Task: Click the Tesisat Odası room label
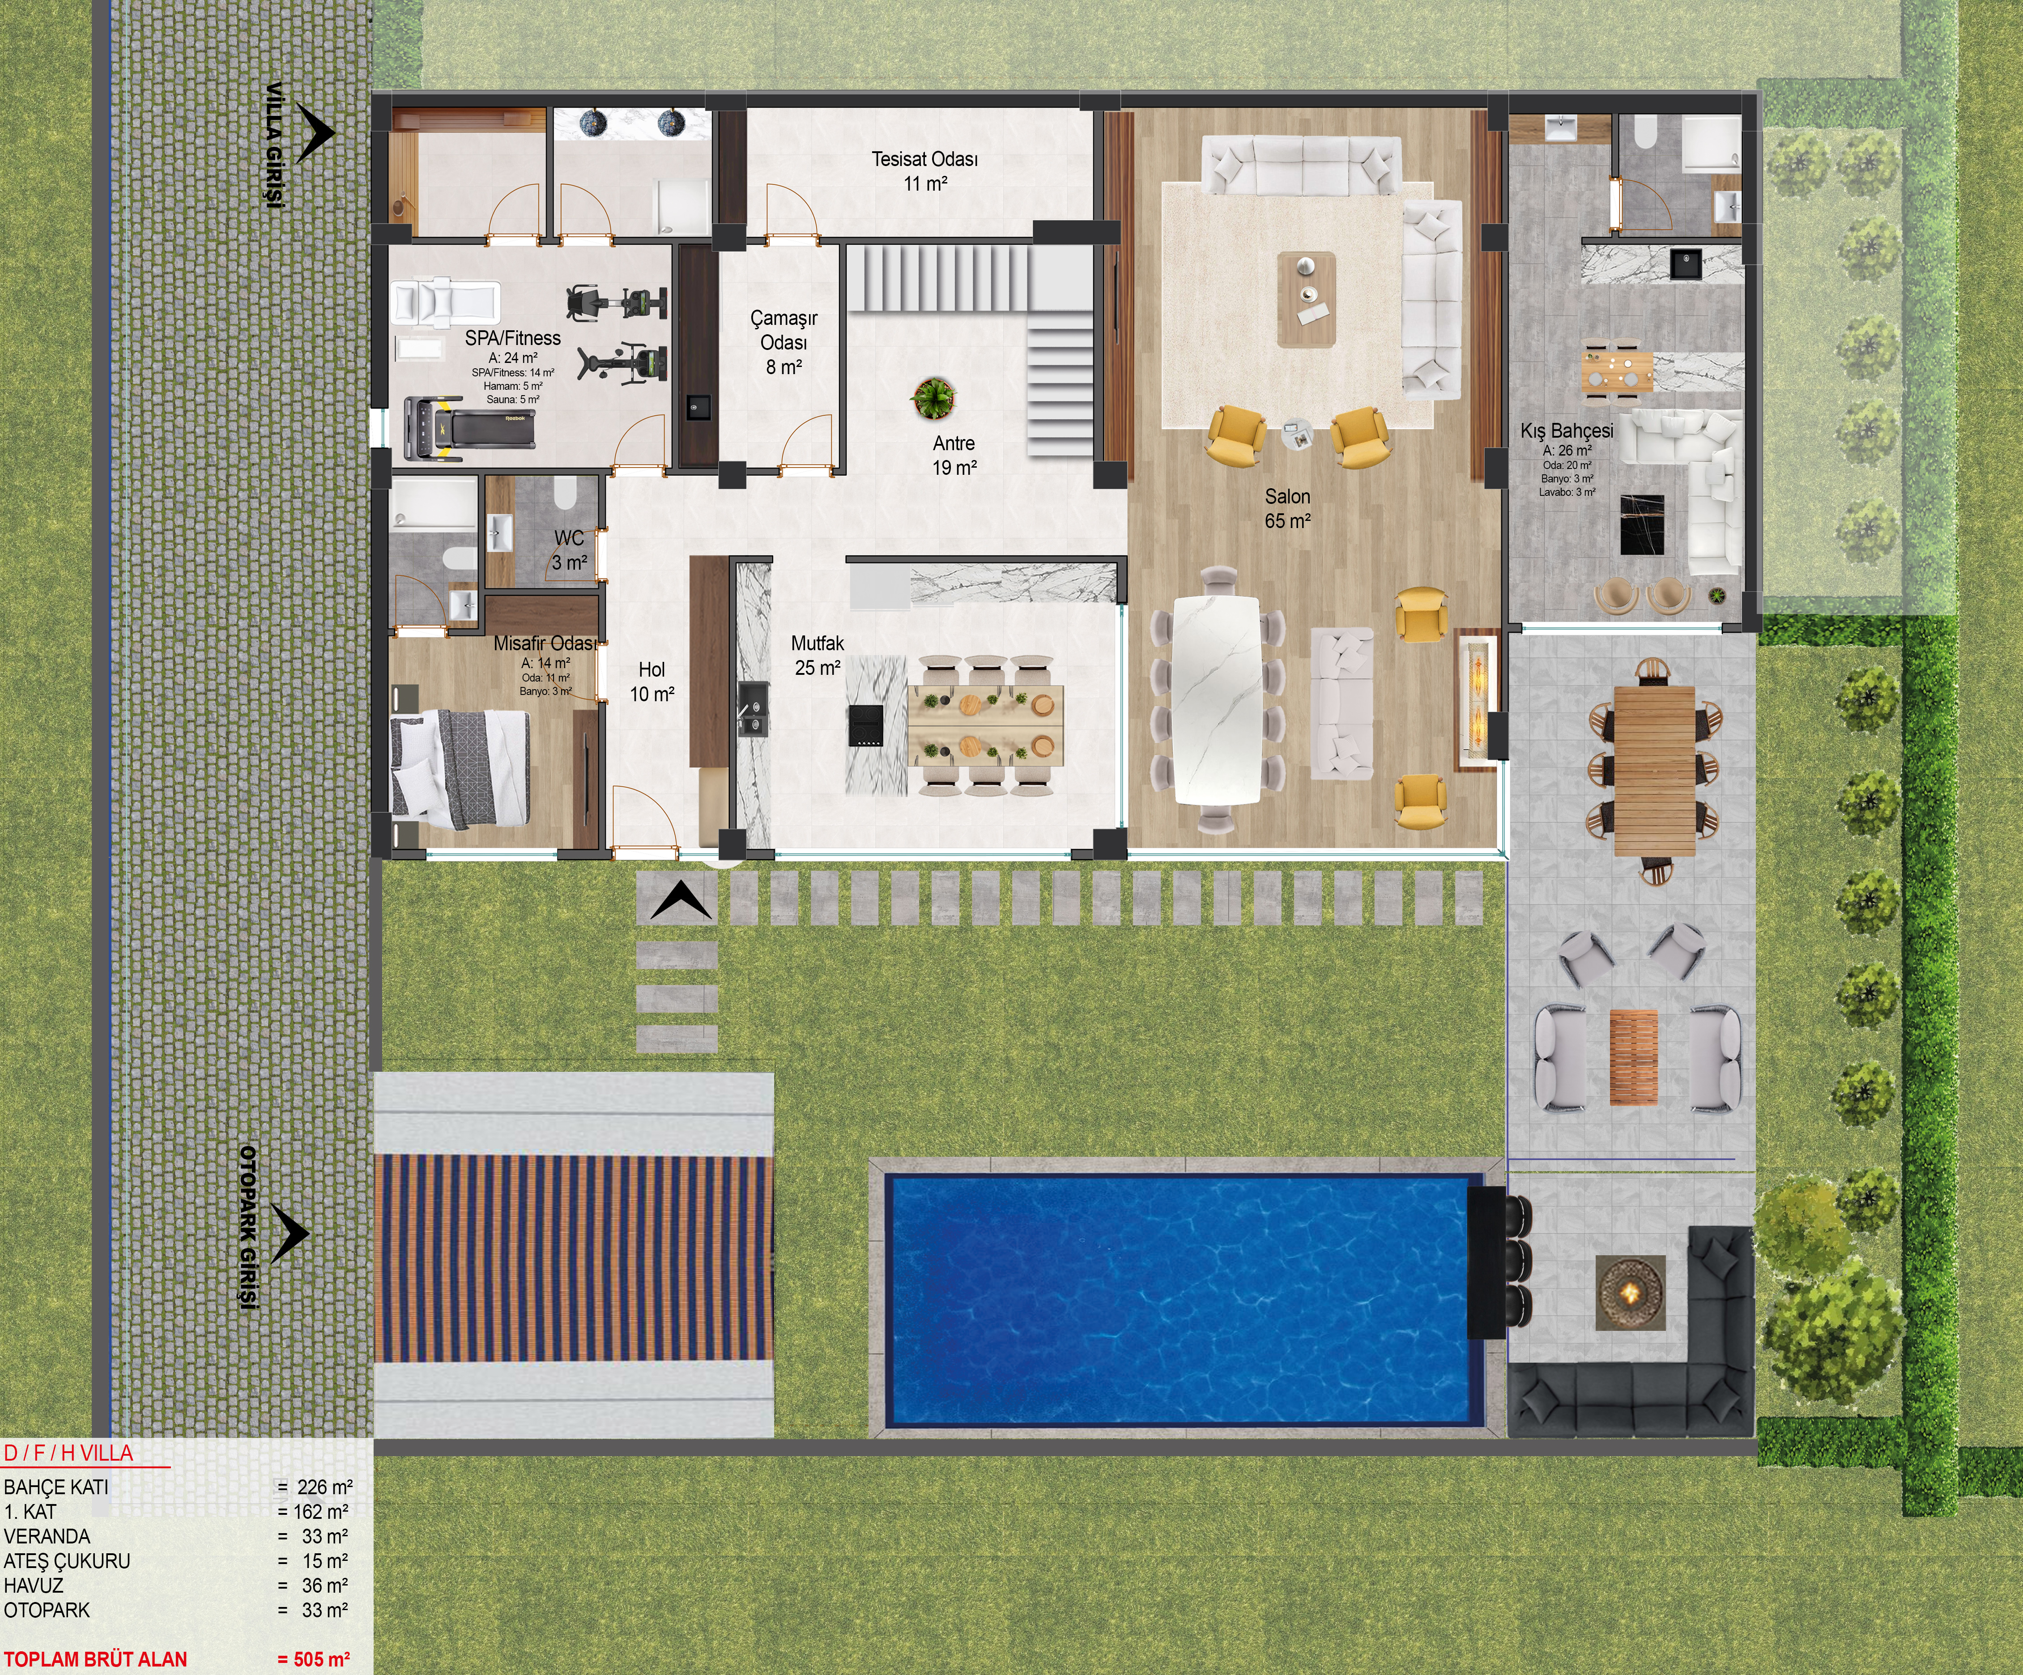(x=925, y=170)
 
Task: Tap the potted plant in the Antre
(x=933, y=397)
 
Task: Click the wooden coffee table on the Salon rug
(x=1306, y=299)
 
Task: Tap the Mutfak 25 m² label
(x=817, y=655)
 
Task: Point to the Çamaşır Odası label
(x=783, y=342)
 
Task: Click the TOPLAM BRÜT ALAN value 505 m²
(x=313, y=1658)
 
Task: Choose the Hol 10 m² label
(x=652, y=681)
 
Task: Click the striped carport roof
(x=573, y=1258)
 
